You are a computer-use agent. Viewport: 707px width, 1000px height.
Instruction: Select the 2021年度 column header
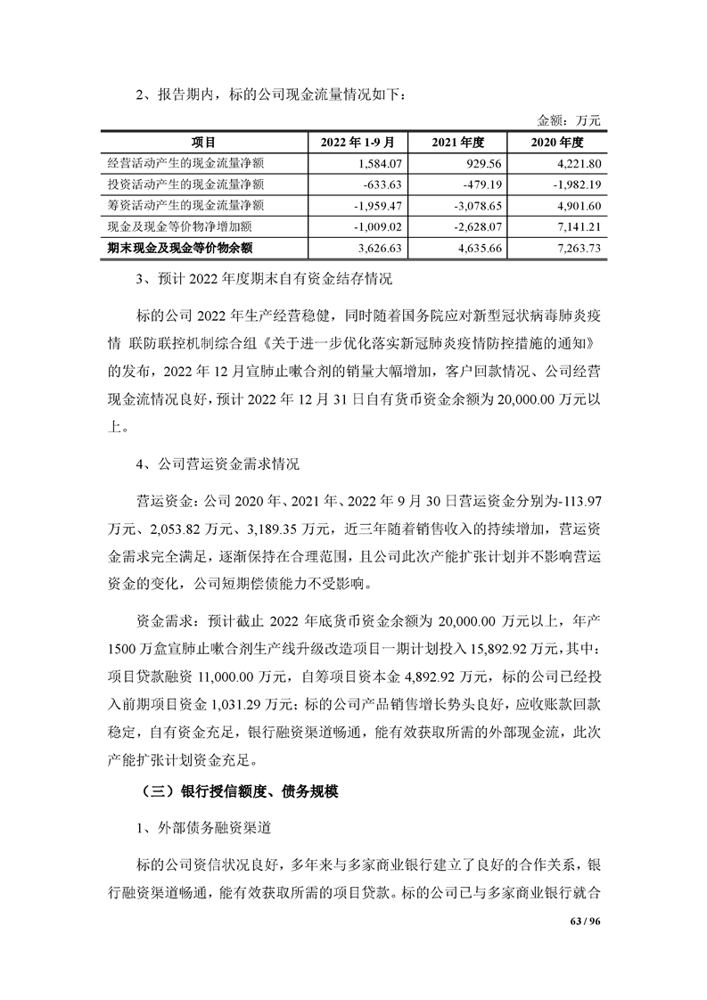[x=456, y=142]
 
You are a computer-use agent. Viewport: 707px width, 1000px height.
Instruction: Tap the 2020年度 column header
[x=557, y=142]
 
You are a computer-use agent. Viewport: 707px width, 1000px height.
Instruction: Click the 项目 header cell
[x=203, y=142]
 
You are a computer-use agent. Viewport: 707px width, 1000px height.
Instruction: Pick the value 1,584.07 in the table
[x=380, y=163]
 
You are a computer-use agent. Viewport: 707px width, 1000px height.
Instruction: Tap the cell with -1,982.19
[x=578, y=184]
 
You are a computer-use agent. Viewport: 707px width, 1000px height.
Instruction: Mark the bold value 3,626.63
[x=380, y=249]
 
